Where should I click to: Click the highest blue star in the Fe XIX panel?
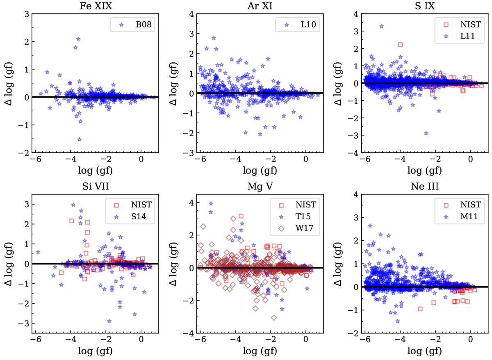point(78,39)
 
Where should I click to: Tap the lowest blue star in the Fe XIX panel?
point(79,139)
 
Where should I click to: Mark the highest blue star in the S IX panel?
point(381,26)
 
